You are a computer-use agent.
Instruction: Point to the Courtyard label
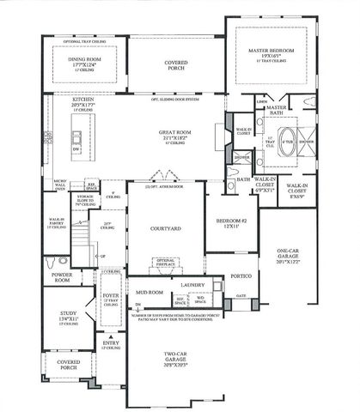(x=163, y=229)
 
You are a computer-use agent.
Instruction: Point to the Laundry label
(x=191, y=283)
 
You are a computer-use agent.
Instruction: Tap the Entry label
(x=109, y=344)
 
